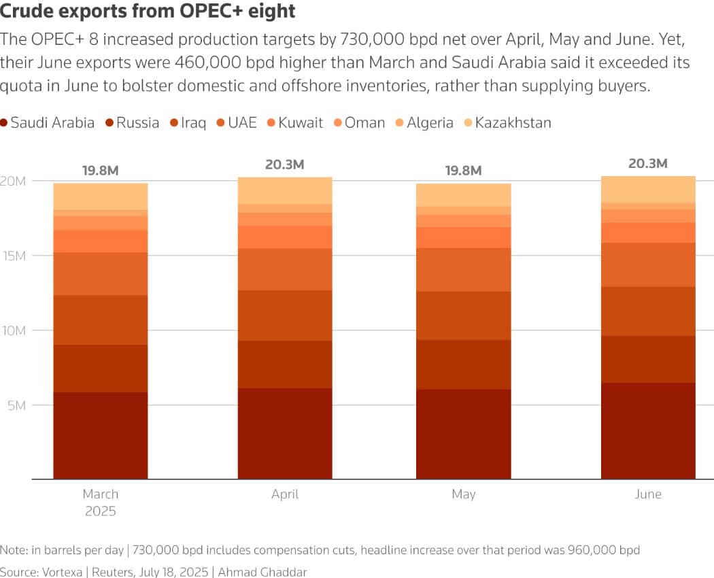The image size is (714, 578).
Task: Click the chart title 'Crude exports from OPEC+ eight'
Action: tap(148, 12)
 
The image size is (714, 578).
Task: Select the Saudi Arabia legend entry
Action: tap(48, 123)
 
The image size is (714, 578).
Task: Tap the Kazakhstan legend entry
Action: tap(507, 123)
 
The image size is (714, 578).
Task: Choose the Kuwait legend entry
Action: tap(294, 123)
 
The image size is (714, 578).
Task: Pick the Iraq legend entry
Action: tap(188, 123)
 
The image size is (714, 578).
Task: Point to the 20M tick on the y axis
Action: tap(16, 181)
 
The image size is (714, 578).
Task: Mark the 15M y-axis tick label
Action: tap(16, 256)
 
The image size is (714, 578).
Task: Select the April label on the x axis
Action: tap(285, 494)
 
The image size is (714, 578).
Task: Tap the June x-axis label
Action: tap(648, 494)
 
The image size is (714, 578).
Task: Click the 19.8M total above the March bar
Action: tap(101, 171)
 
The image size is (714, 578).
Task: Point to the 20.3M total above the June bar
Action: tap(648, 164)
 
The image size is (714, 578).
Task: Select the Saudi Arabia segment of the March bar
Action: tap(101, 435)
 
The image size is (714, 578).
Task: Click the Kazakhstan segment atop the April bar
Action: tap(285, 190)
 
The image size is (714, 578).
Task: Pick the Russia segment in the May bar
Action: tap(463, 364)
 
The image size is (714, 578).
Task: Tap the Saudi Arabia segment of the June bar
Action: tap(648, 431)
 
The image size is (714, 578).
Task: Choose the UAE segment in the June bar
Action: tap(648, 265)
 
